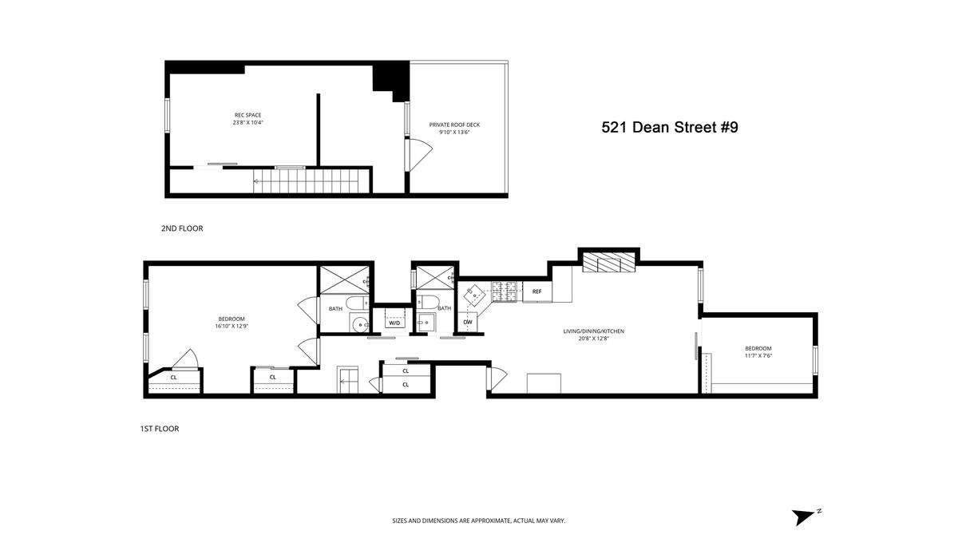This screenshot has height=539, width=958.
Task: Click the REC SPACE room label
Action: click(x=247, y=115)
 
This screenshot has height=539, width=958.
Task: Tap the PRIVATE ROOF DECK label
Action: click(x=454, y=125)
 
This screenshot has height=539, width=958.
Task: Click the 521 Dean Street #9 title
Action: click(x=670, y=128)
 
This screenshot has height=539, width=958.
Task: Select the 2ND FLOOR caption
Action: click(x=182, y=228)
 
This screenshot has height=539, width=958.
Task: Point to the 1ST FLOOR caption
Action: click(x=160, y=429)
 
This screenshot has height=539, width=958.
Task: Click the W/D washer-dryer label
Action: click(x=394, y=323)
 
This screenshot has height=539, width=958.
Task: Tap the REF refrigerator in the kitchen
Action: click(x=537, y=291)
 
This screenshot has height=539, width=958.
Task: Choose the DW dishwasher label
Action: click(x=468, y=322)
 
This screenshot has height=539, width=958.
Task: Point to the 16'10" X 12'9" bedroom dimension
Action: click(x=232, y=326)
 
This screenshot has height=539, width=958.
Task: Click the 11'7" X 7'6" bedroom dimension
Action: click(x=758, y=355)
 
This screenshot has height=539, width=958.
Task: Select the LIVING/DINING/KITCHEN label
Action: click(x=594, y=331)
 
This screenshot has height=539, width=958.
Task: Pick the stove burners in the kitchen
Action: click(x=507, y=291)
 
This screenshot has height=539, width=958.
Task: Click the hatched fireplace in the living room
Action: click(x=609, y=262)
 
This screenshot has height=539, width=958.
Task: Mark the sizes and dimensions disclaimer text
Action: click(x=478, y=521)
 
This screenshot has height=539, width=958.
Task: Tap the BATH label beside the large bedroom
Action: click(x=335, y=309)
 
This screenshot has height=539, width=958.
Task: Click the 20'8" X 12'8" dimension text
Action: click(x=594, y=339)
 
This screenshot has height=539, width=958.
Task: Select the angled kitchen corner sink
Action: click(x=474, y=295)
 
